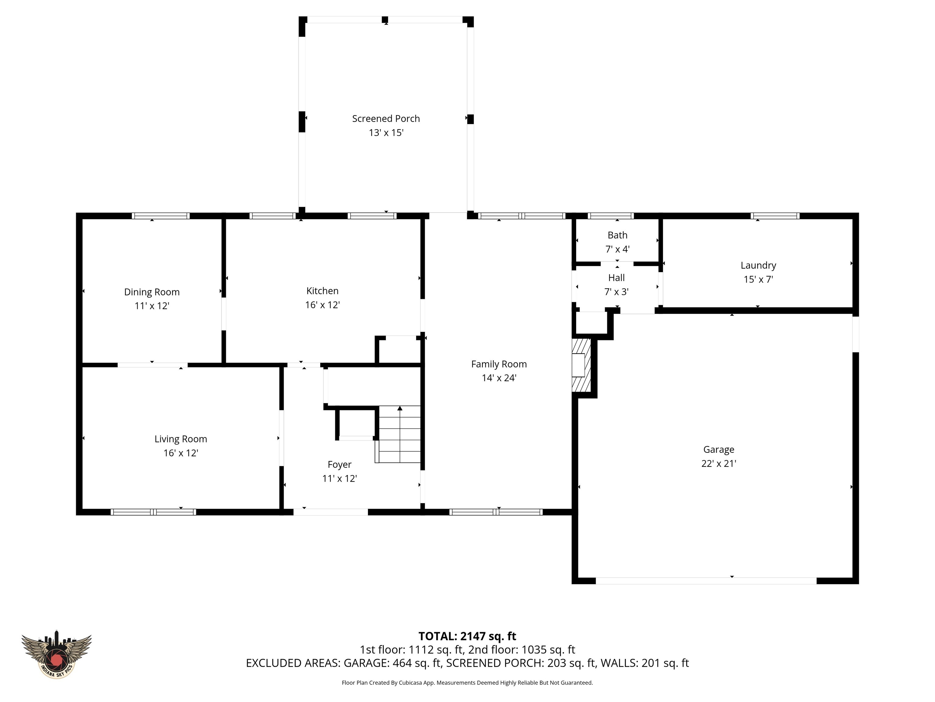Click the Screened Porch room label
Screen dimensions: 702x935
click(x=386, y=119)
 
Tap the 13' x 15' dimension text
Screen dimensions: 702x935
click(x=386, y=133)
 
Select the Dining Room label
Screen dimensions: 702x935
click(x=152, y=292)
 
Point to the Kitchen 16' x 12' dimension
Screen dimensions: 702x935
click(x=323, y=305)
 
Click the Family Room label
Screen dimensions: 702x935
click(x=499, y=364)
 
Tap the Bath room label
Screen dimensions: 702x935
click(x=617, y=235)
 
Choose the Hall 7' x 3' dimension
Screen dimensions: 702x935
click(x=616, y=292)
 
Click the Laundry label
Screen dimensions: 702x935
click(x=758, y=265)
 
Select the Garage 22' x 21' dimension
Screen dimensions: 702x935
click(x=719, y=463)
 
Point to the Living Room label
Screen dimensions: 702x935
click(x=180, y=439)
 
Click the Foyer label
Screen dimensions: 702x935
click(x=339, y=465)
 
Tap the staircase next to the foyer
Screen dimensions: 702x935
click(x=399, y=434)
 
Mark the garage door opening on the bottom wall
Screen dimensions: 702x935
click(x=706, y=581)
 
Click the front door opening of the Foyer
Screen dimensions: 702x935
click(x=331, y=512)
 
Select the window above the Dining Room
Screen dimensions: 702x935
click(x=161, y=216)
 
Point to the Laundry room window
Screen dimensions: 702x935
click(x=775, y=216)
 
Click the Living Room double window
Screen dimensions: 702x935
click(x=153, y=512)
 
